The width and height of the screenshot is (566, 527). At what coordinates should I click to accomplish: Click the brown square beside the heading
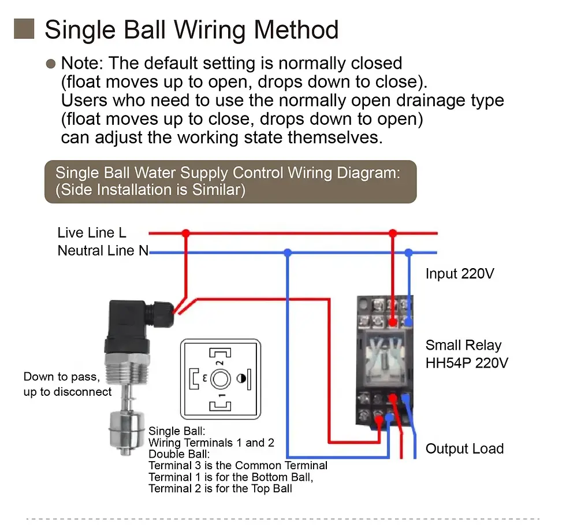[x=24, y=29]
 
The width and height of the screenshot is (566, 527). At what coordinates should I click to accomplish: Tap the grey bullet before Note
[x=51, y=64]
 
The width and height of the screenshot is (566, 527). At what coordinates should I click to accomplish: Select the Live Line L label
[x=92, y=233]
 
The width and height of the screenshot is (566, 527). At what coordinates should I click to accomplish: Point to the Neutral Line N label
[x=103, y=251]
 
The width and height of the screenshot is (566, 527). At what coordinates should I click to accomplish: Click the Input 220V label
[x=460, y=273]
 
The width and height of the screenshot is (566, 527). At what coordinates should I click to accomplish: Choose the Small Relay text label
[x=463, y=346]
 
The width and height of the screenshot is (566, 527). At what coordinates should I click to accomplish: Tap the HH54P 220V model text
[x=467, y=363]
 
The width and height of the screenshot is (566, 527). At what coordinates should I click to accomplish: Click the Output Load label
[x=464, y=448]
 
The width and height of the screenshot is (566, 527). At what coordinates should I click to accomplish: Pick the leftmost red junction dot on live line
[x=185, y=233]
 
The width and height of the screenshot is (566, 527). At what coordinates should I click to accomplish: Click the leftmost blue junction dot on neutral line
[x=288, y=253]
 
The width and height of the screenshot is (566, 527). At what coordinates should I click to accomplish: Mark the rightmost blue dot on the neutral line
[x=409, y=253]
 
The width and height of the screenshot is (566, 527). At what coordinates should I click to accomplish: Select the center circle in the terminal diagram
[x=220, y=379]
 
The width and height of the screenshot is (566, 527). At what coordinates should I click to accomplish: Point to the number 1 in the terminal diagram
[x=220, y=396]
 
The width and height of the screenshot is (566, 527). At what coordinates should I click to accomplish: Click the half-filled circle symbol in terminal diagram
[x=241, y=379]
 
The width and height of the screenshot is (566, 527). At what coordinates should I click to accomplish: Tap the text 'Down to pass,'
[x=62, y=377]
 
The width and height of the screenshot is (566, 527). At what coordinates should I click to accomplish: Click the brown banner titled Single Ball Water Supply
[x=230, y=181]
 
